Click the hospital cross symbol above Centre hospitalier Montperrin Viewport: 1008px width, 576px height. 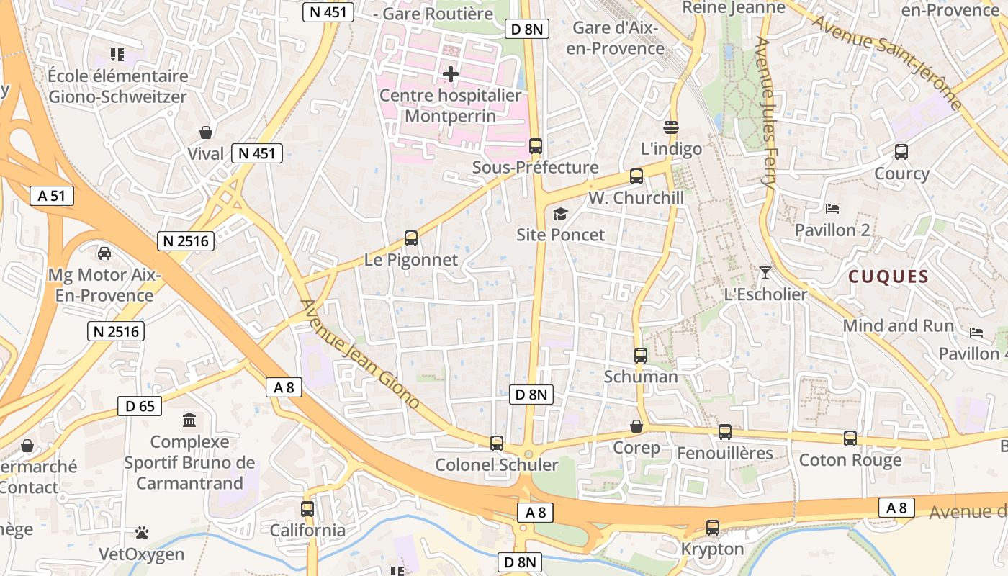point(451,74)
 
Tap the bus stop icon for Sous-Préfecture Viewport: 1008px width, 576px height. point(535,146)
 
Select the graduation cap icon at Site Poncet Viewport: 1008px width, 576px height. point(559,214)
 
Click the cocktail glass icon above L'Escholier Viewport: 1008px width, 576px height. point(765,273)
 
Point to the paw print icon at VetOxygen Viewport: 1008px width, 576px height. point(142,534)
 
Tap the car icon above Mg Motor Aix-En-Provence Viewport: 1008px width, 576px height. point(104,253)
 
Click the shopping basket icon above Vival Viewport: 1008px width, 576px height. point(206,132)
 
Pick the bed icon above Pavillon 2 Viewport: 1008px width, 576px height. point(832,209)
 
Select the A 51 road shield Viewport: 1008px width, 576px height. point(53,196)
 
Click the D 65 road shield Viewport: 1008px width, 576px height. point(140,406)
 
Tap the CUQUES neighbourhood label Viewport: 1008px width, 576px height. point(888,276)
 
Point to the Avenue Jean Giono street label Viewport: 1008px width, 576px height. point(359,354)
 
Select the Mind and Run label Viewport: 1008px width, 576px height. point(898,325)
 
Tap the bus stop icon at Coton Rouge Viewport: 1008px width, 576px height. point(850,438)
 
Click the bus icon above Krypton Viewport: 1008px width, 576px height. point(713,528)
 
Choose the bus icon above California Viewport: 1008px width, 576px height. point(307,509)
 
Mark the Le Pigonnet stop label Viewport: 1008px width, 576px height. point(411,260)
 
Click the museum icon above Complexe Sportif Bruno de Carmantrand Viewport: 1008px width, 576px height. point(189,420)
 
